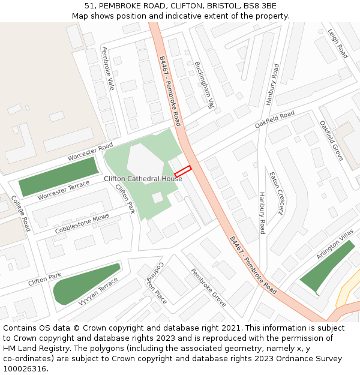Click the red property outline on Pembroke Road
(182, 171)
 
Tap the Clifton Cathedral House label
(143, 179)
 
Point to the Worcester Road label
(90, 151)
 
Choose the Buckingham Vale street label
(204, 85)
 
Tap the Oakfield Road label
(274, 119)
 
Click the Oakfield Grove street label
(331, 140)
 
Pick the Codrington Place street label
(157, 283)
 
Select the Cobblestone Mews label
(82, 224)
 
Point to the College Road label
(22, 213)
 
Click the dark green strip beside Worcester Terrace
(58, 176)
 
